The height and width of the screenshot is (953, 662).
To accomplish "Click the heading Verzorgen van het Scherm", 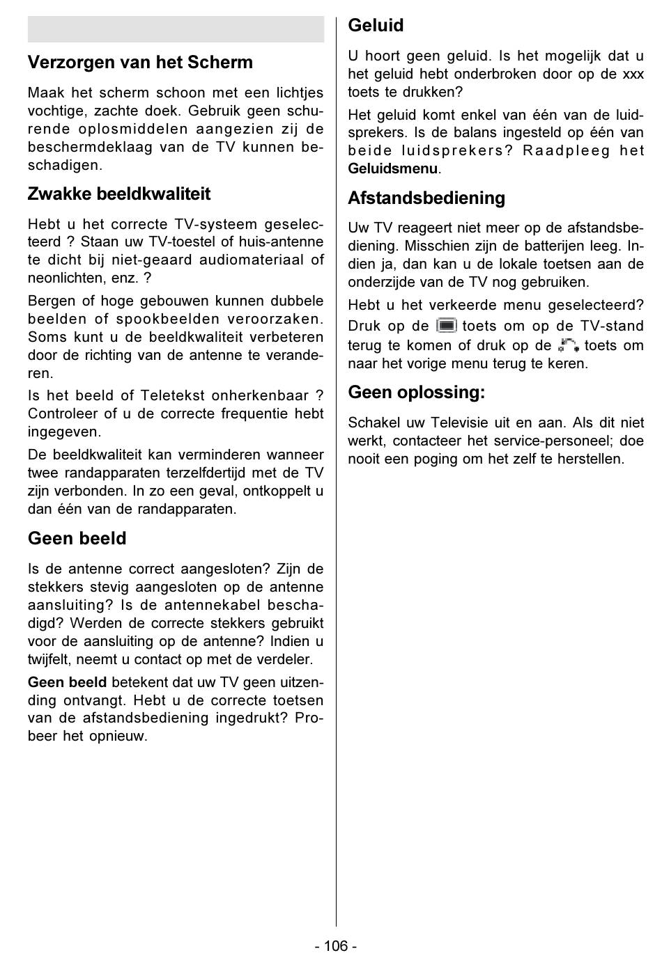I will [140, 63].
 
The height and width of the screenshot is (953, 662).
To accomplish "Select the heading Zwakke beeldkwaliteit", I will [118, 194].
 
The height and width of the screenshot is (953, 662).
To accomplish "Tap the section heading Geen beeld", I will [77, 539].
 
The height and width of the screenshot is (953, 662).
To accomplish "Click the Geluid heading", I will [376, 26].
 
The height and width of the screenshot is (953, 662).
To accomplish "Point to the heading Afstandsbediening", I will [426, 198].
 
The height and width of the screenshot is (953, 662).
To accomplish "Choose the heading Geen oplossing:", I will [417, 393].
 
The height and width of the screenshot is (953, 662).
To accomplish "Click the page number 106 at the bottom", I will [335, 945].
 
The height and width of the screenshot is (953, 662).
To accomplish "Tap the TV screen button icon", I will [446, 326].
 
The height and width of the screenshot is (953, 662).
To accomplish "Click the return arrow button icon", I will [568, 345].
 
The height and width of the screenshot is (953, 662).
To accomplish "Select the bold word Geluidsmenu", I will [393, 169].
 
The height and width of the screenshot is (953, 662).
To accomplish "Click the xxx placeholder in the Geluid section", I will [633, 74].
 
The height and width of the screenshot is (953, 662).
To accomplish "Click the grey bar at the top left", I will [176, 30].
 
